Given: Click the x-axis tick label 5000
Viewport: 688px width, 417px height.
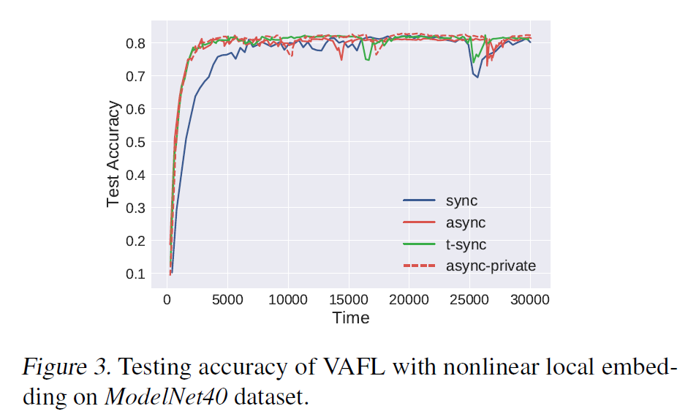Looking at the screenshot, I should pyautogui.click(x=227, y=299).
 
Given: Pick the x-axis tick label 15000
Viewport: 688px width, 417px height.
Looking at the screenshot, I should pyautogui.click(x=348, y=299).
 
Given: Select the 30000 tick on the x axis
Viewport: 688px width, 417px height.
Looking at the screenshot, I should pyautogui.click(x=530, y=299).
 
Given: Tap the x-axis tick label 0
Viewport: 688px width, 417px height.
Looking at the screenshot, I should pyautogui.click(x=167, y=299).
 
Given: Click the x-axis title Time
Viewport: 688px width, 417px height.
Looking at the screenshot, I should pyautogui.click(x=351, y=318).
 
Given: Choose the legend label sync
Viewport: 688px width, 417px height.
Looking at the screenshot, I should pyautogui.click(x=462, y=200).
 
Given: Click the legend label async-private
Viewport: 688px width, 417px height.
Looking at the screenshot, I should pyautogui.click(x=491, y=266).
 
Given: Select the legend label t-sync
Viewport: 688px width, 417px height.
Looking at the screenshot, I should pyautogui.click(x=466, y=244).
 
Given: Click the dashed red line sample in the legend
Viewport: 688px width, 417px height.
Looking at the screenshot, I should pyautogui.click(x=420, y=266).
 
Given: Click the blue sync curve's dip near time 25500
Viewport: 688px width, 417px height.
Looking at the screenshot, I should pyautogui.click(x=477, y=76).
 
